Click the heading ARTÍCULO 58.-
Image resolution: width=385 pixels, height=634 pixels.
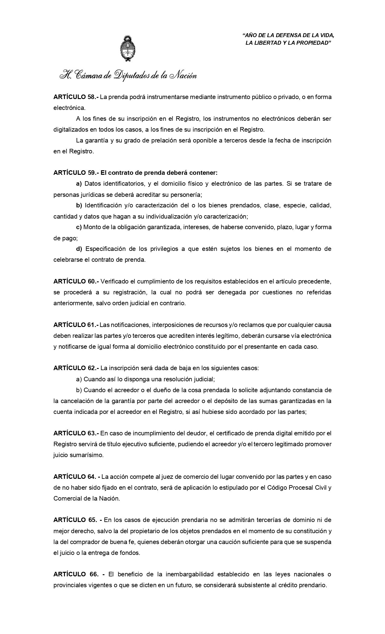pos(76,97)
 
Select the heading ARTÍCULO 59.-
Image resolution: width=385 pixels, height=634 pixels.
pos(76,173)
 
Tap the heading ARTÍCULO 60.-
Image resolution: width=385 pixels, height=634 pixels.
pos(76,281)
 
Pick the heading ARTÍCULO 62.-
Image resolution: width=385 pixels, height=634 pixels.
pos(76,368)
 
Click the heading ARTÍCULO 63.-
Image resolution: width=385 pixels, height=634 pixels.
pos(76,433)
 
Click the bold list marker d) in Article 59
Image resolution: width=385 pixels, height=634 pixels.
pos(79,249)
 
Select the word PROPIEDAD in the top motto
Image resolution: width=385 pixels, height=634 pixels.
pos(315,43)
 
